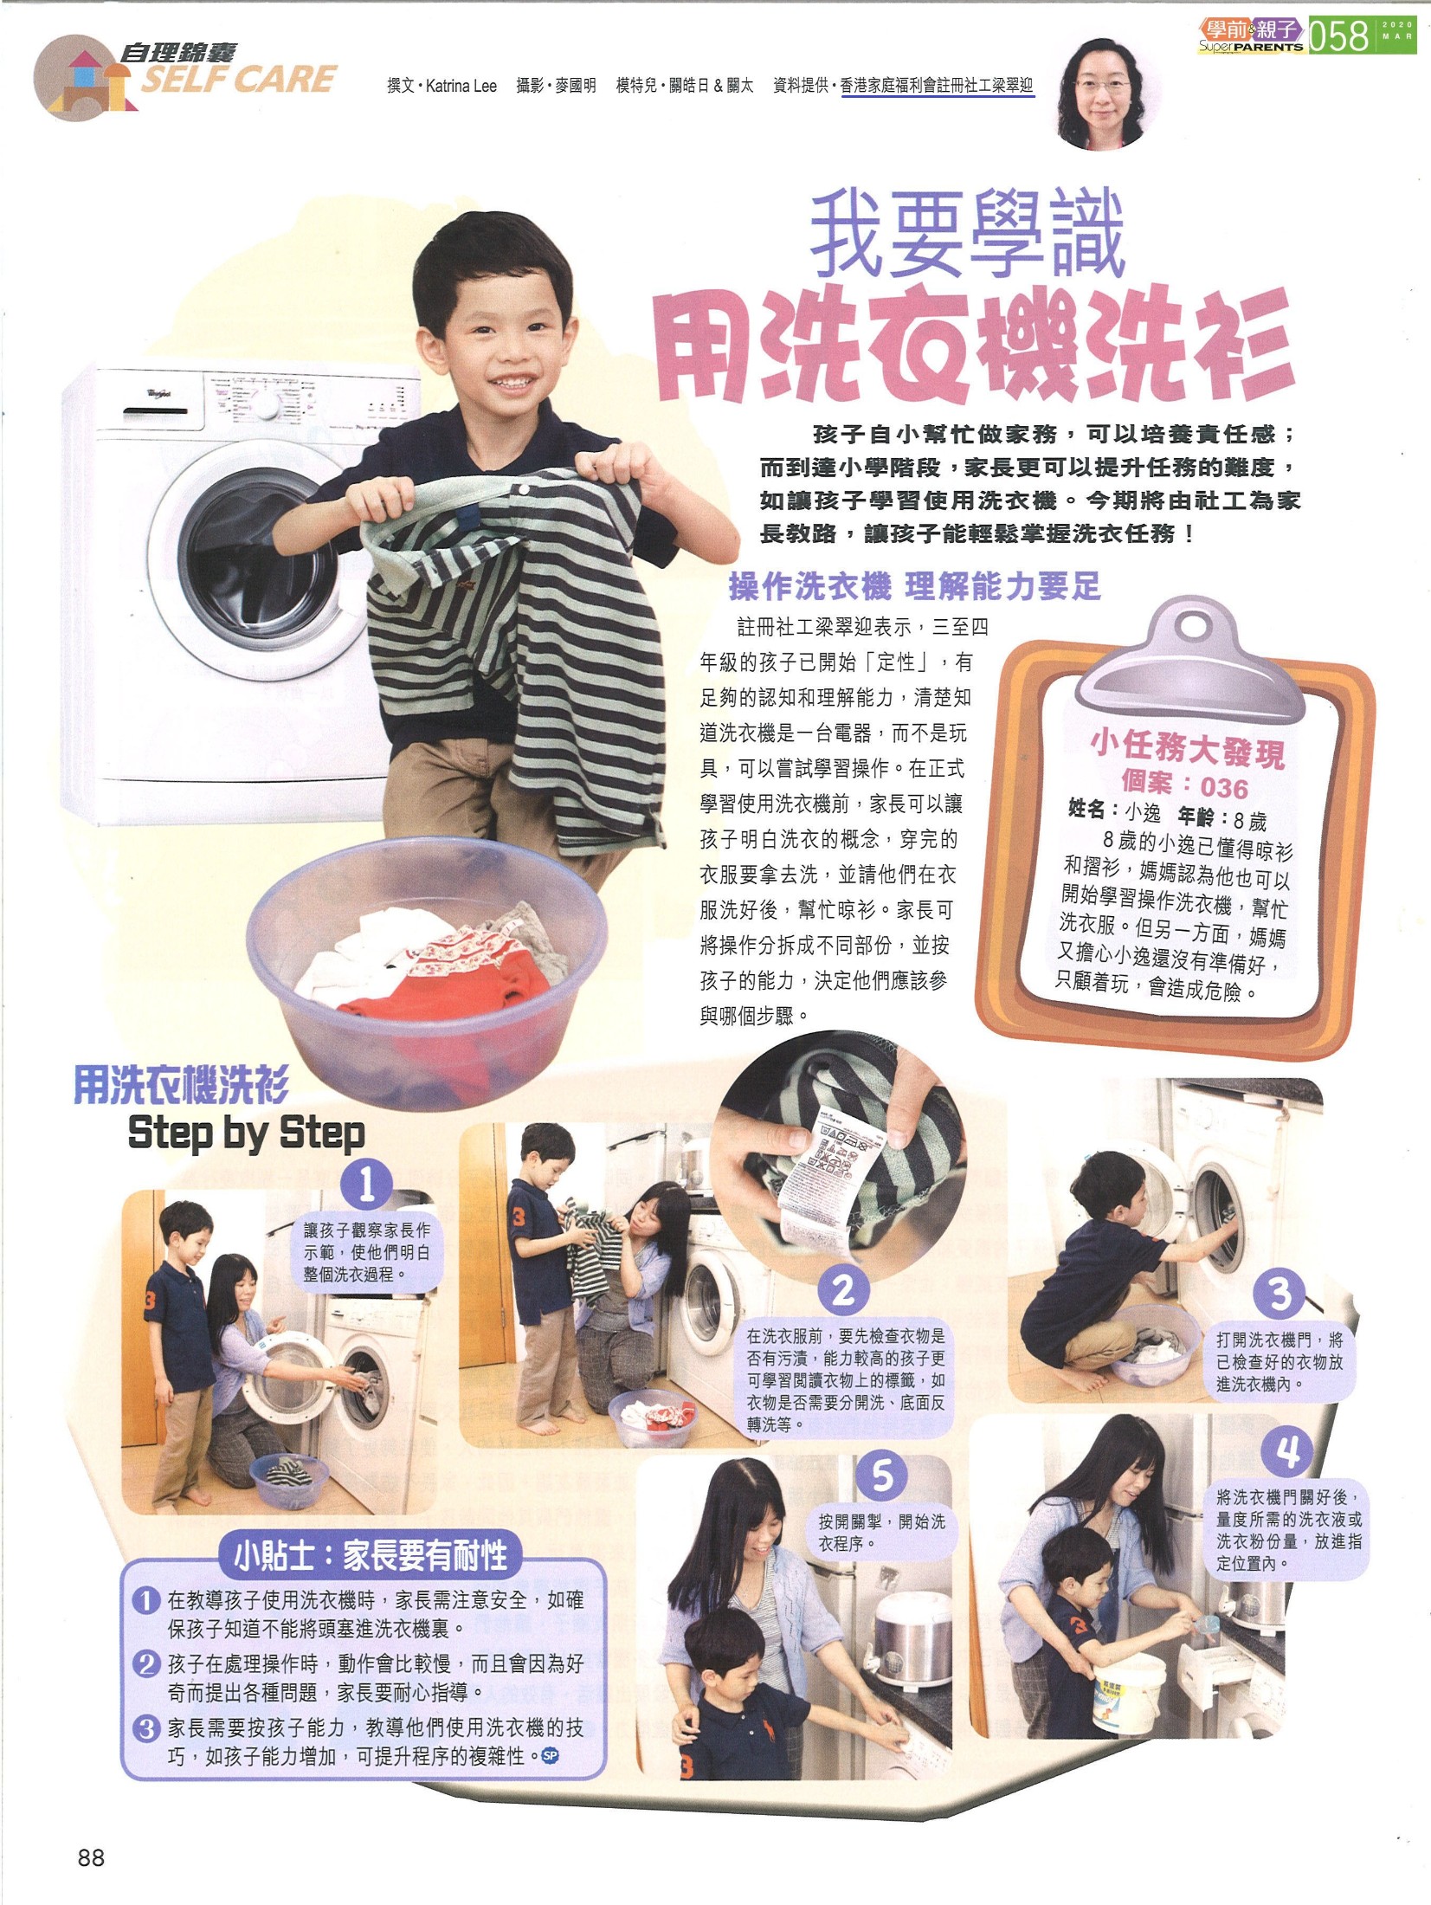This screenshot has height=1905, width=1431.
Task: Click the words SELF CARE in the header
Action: click(238, 81)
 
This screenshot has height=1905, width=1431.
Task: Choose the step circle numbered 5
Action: click(882, 1476)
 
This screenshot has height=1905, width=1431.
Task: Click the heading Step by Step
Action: click(247, 1133)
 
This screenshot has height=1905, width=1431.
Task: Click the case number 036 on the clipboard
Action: click(1224, 788)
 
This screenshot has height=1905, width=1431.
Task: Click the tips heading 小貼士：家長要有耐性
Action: click(371, 1557)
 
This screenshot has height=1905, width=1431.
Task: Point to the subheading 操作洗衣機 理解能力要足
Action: click(914, 588)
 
